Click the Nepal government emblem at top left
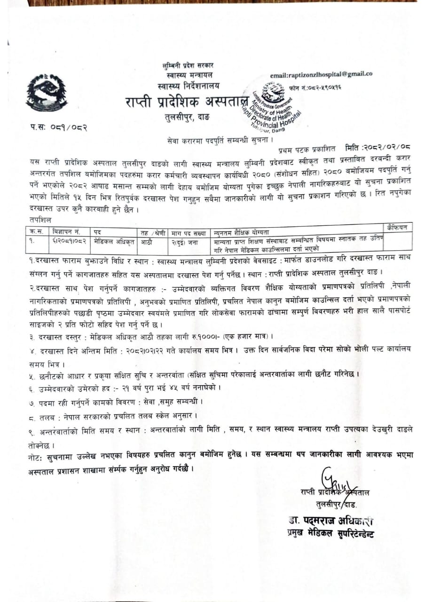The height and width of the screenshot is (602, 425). pyautogui.click(x=46, y=92)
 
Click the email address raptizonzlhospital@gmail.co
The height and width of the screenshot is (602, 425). pyautogui.click(x=321, y=74)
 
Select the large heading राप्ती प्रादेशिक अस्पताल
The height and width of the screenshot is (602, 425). pyautogui.click(x=186, y=101)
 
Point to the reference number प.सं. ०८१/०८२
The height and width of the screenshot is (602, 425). pyautogui.click(x=56, y=127)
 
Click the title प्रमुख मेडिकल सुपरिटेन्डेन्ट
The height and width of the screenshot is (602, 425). pyautogui.click(x=331, y=533)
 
